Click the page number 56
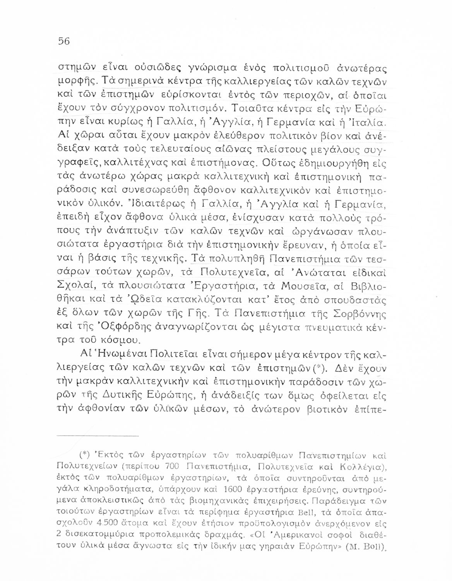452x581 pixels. click(x=63, y=41)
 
